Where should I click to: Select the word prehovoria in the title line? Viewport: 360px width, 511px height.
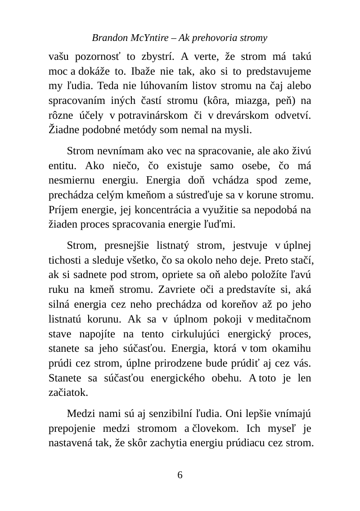coord(209,38)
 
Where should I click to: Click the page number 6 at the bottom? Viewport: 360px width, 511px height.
coord(180,475)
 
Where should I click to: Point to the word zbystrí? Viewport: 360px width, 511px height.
coord(157,58)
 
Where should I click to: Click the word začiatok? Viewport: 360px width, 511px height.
coord(68,392)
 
